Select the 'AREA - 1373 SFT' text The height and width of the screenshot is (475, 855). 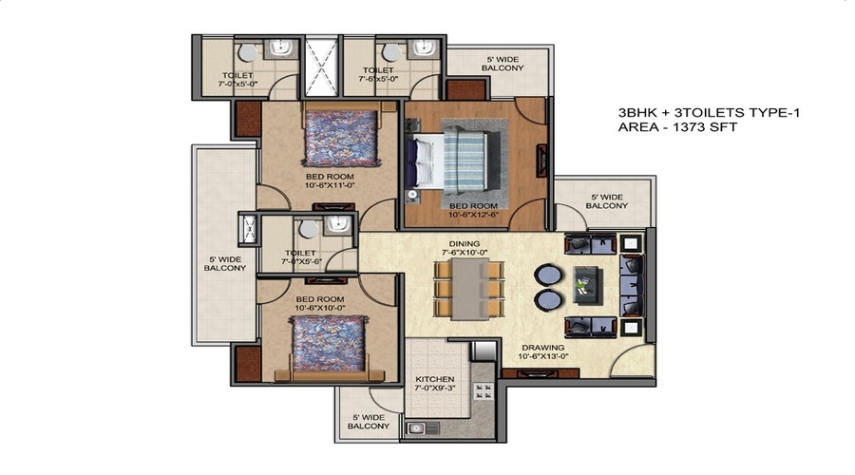tap(677, 126)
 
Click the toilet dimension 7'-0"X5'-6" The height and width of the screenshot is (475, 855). tap(305, 263)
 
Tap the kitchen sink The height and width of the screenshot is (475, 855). tap(417, 428)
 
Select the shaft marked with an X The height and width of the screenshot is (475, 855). tap(320, 66)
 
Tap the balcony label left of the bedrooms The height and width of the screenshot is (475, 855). tap(224, 263)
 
